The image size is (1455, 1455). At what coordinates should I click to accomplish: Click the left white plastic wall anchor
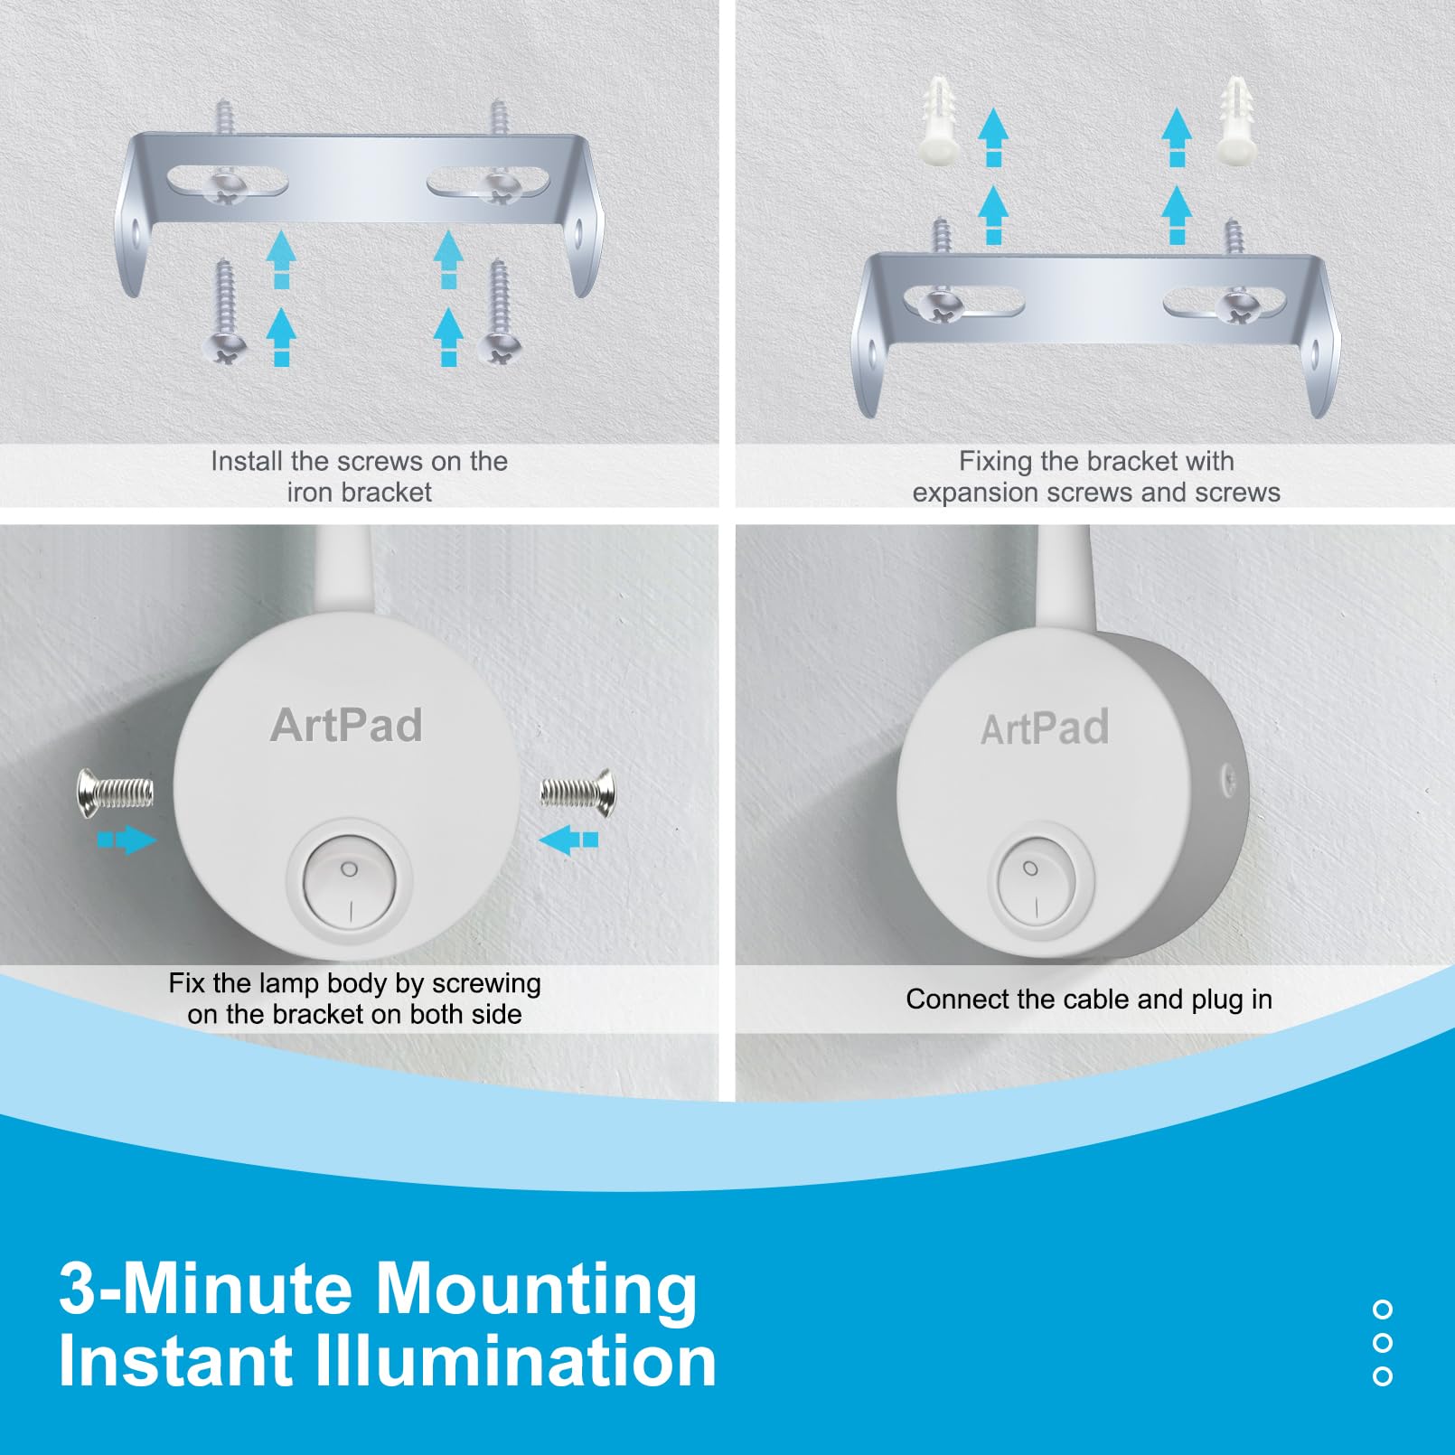click(x=942, y=118)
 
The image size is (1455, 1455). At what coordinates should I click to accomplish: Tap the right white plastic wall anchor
click(x=1234, y=120)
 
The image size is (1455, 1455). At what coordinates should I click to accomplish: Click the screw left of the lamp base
click(x=115, y=793)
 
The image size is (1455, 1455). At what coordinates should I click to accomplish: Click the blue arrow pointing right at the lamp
click(x=127, y=840)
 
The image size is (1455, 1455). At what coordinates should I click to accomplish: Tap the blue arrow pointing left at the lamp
click(x=568, y=840)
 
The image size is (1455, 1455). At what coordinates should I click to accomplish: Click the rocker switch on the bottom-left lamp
click(x=350, y=883)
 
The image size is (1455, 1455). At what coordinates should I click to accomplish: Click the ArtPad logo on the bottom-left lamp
click(x=346, y=725)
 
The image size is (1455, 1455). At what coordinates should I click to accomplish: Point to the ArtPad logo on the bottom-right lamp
click(x=1045, y=728)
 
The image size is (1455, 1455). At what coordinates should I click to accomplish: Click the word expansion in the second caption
click(x=975, y=493)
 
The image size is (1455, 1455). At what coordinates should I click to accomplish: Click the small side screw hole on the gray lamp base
click(x=1228, y=776)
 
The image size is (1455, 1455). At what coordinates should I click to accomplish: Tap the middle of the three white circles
click(x=1382, y=1343)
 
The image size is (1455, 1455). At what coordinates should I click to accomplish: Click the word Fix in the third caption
click(x=187, y=983)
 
